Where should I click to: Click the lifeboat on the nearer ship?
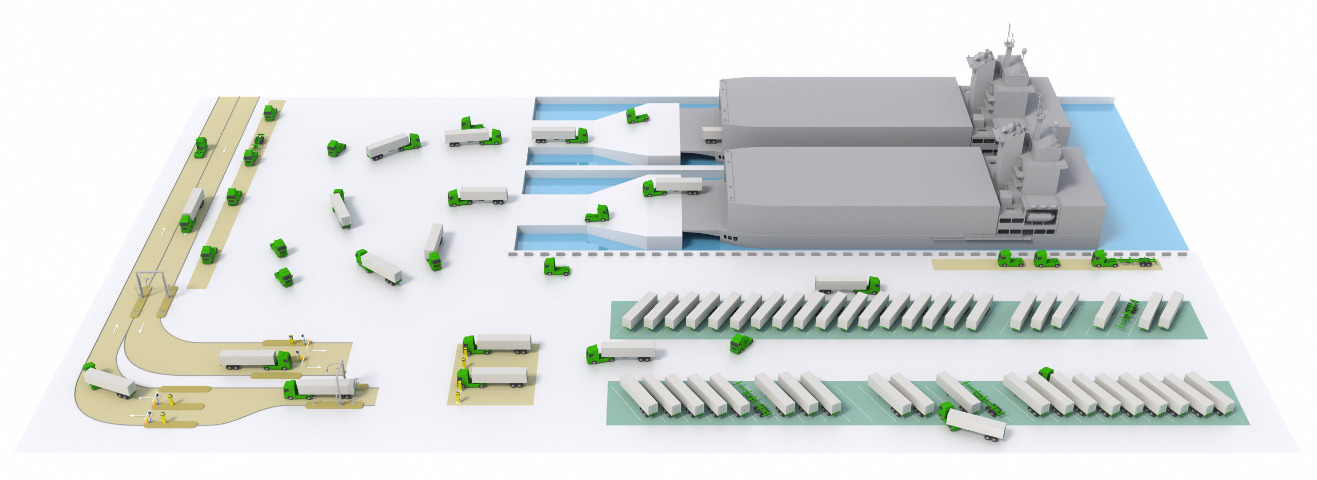click(1040, 216)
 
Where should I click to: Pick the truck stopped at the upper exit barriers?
click(256, 359)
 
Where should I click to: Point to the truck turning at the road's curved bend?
click(109, 382)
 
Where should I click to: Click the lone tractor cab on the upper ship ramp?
click(637, 116)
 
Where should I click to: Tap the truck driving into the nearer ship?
click(672, 186)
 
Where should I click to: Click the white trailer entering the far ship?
click(712, 134)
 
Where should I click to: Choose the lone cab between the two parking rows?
click(741, 343)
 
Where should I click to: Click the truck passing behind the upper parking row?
click(847, 284)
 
